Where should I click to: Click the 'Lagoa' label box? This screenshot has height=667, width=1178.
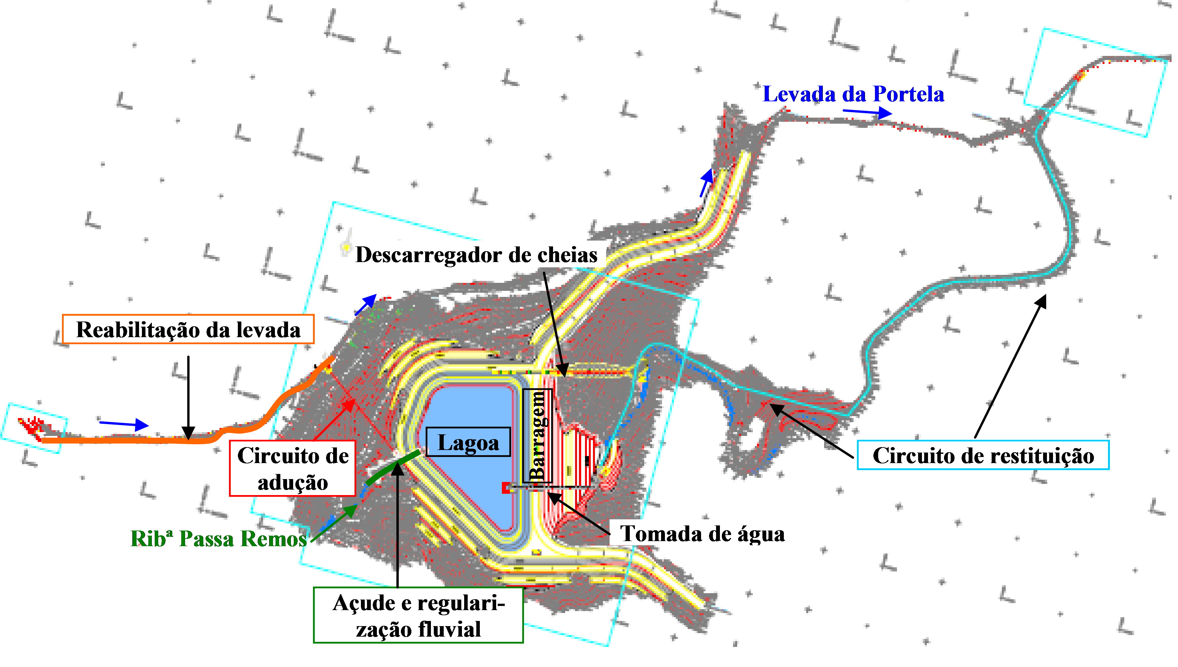tap(468, 442)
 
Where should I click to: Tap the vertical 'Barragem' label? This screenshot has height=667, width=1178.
tap(537, 436)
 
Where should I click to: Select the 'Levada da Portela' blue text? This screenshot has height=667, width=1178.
tap(853, 94)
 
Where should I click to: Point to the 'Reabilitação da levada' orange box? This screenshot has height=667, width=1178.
tap(188, 330)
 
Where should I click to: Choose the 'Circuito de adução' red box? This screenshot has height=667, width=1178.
tap(292, 469)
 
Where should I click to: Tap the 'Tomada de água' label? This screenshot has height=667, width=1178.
tap(702, 534)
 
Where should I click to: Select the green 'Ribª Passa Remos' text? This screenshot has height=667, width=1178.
tap(219, 539)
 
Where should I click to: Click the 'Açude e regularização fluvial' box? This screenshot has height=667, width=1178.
tap(418, 615)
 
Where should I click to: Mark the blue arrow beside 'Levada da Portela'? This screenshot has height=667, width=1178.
tap(867, 112)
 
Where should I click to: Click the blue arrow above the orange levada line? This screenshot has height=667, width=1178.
tap(124, 424)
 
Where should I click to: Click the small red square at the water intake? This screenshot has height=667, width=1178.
tap(506, 488)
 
